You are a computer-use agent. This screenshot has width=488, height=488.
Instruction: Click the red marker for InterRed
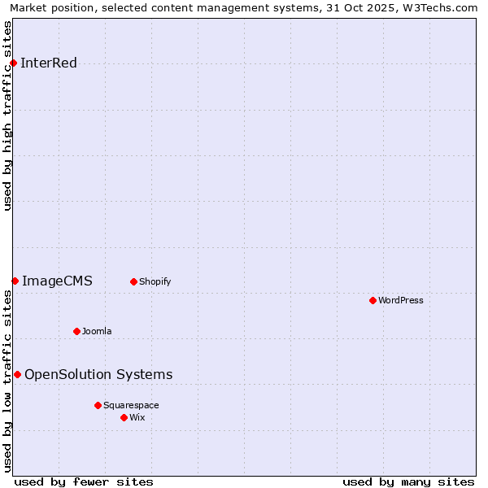click(14, 63)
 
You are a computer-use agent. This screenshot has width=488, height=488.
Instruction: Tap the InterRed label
click(48, 63)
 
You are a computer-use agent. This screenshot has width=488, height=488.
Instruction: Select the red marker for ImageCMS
click(15, 281)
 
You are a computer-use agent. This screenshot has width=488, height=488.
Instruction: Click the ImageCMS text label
click(57, 281)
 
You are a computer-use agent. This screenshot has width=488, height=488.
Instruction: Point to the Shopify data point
click(133, 282)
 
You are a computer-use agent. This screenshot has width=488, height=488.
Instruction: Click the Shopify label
click(155, 282)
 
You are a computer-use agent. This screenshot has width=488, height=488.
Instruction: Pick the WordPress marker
click(373, 301)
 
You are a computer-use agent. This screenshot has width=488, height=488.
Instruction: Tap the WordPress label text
click(401, 301)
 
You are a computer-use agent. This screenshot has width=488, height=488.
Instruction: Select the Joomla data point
click(76, 331)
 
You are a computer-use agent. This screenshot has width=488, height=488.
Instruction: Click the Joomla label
click(97, 331)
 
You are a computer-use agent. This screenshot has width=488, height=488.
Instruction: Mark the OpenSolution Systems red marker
click(17, 374)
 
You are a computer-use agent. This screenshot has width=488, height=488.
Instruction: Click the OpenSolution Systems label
click(98, 375)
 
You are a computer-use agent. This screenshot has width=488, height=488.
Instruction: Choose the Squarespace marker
click(98, 405)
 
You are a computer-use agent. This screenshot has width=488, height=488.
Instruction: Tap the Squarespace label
click(131, 405)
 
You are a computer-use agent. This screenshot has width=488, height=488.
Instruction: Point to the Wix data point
click(124, 417)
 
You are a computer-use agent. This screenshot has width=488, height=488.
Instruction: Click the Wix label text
click(137, 417)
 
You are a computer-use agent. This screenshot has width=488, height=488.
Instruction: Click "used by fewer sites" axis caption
click(84, 481)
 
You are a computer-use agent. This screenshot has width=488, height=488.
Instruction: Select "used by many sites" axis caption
click(408, 481)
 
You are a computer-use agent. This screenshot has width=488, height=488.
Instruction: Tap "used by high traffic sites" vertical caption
click(8, 115)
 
